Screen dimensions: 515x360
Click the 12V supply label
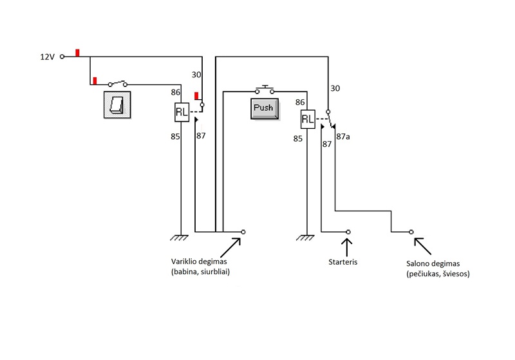[47, 57]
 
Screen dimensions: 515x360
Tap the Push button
[265, 109]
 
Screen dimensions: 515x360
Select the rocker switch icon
[117, 105]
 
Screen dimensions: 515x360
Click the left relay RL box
[182, 112]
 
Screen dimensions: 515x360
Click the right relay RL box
[308, 119]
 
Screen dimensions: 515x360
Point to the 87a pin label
[343, 137]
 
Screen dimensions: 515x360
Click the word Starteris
[343, 262]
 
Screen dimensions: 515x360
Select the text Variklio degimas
[199, 261]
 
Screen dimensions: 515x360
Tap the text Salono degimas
[433, 263]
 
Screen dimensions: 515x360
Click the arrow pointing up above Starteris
[347, 247]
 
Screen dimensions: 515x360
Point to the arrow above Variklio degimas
[230, 248]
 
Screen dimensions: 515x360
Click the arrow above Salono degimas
[423, 247]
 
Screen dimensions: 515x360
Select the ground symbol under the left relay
[180, 238]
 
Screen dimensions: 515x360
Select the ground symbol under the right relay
[305, 238]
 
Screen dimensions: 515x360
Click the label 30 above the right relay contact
[335, 88]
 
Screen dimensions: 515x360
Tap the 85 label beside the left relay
[175, 137]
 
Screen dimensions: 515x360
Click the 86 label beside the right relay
[300, 102]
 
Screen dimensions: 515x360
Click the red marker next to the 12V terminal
[77, 53]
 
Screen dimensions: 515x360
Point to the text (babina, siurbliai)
[200, 272]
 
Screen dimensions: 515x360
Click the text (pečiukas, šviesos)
[438, 274]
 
